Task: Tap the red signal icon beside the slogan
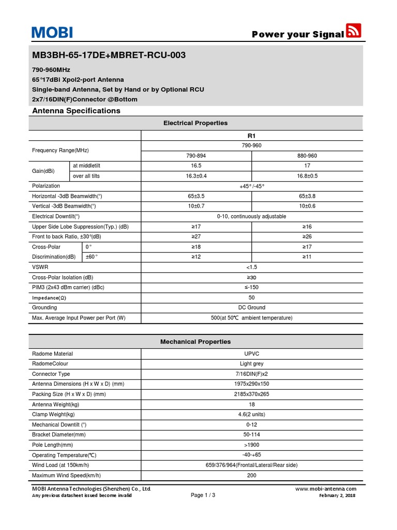[x=354, y=31]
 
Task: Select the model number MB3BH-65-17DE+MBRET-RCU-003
[x=109, y=55]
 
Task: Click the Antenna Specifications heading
[x=76, y=111]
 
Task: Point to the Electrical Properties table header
[x=195, y=123]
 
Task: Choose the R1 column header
[x=252, y=136]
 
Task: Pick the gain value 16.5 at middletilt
[x=196, y=166]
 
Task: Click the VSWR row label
[x=40, y=267]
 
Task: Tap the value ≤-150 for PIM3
[x=252, y=287]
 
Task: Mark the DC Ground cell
[x=252, y=307]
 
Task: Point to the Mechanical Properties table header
[x=195, y=342]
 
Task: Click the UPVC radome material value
[x=252, y=354]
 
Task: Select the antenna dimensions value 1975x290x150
[x=252, y=384]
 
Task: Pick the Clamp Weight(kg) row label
[x=53, y=414]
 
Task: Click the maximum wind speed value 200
[x=252, y=475]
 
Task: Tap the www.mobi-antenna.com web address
[x=326, y=489]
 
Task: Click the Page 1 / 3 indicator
[x=203, y=495]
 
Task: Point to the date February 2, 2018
[x=338, y=495]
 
